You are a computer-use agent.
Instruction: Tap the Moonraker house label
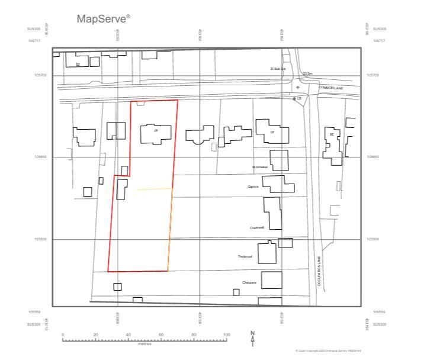(x=260, y=168)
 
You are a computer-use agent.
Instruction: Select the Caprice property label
(x=254, y=187)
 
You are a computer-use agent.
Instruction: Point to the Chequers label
(x=249, y=282)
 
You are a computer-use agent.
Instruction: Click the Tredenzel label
(x=245, y=256)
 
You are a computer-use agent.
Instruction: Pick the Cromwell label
(x=256, y=227)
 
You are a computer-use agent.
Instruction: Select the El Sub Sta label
(x=278, y=69)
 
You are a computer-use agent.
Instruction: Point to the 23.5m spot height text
(x=307, y=73)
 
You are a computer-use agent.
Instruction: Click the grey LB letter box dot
(x=294, y=99)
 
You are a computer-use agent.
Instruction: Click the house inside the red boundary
(x=156, y=133)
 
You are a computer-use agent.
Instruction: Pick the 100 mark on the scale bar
(x=226, y=335)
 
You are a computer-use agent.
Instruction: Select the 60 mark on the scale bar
(x=161, y=335)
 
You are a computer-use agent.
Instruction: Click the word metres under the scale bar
(x=145, y=343)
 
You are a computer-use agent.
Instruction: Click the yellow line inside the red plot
(x=155, y=189)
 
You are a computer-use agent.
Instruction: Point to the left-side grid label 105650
(x=40, y=157)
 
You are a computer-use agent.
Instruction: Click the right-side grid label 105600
(x=373, y=239)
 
